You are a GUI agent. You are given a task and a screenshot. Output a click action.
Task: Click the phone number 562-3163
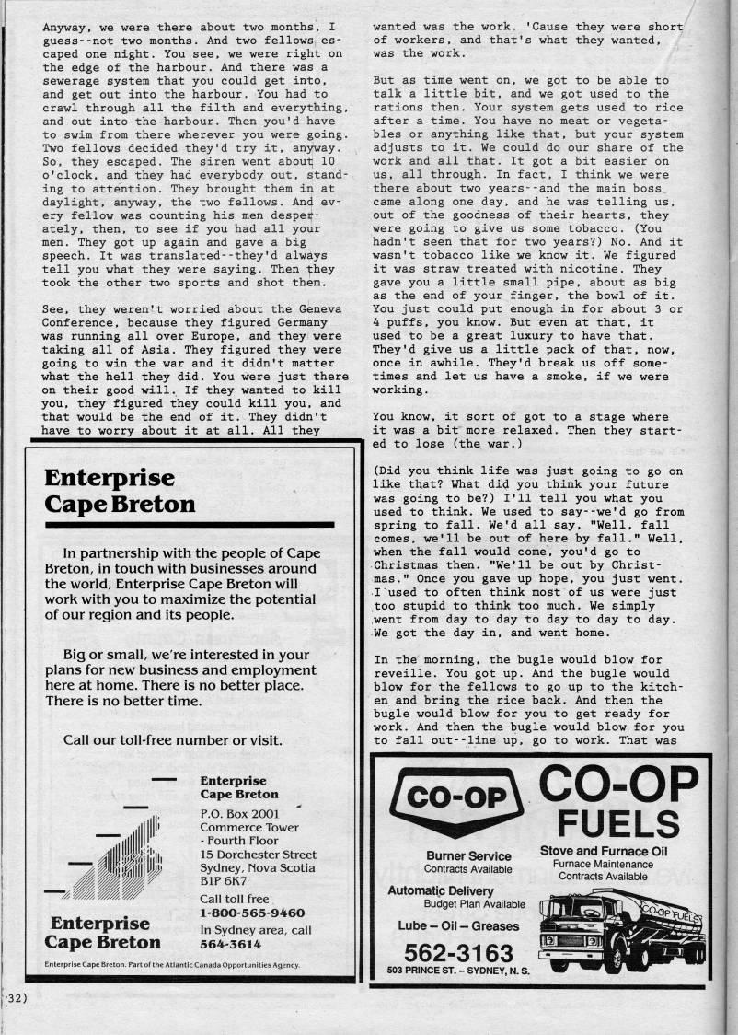click(458, 950)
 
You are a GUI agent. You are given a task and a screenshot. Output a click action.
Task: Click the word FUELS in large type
click(617, 821)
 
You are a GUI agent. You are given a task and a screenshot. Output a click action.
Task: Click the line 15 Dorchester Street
click(258, 855)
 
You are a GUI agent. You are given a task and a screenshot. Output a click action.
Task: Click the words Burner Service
click(468, 856)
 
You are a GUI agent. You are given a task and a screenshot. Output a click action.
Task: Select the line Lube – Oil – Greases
click(458, 925)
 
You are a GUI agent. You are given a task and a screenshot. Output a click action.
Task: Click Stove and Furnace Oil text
click(603, 851)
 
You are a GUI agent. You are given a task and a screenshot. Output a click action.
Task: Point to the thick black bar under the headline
click(190, 524)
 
